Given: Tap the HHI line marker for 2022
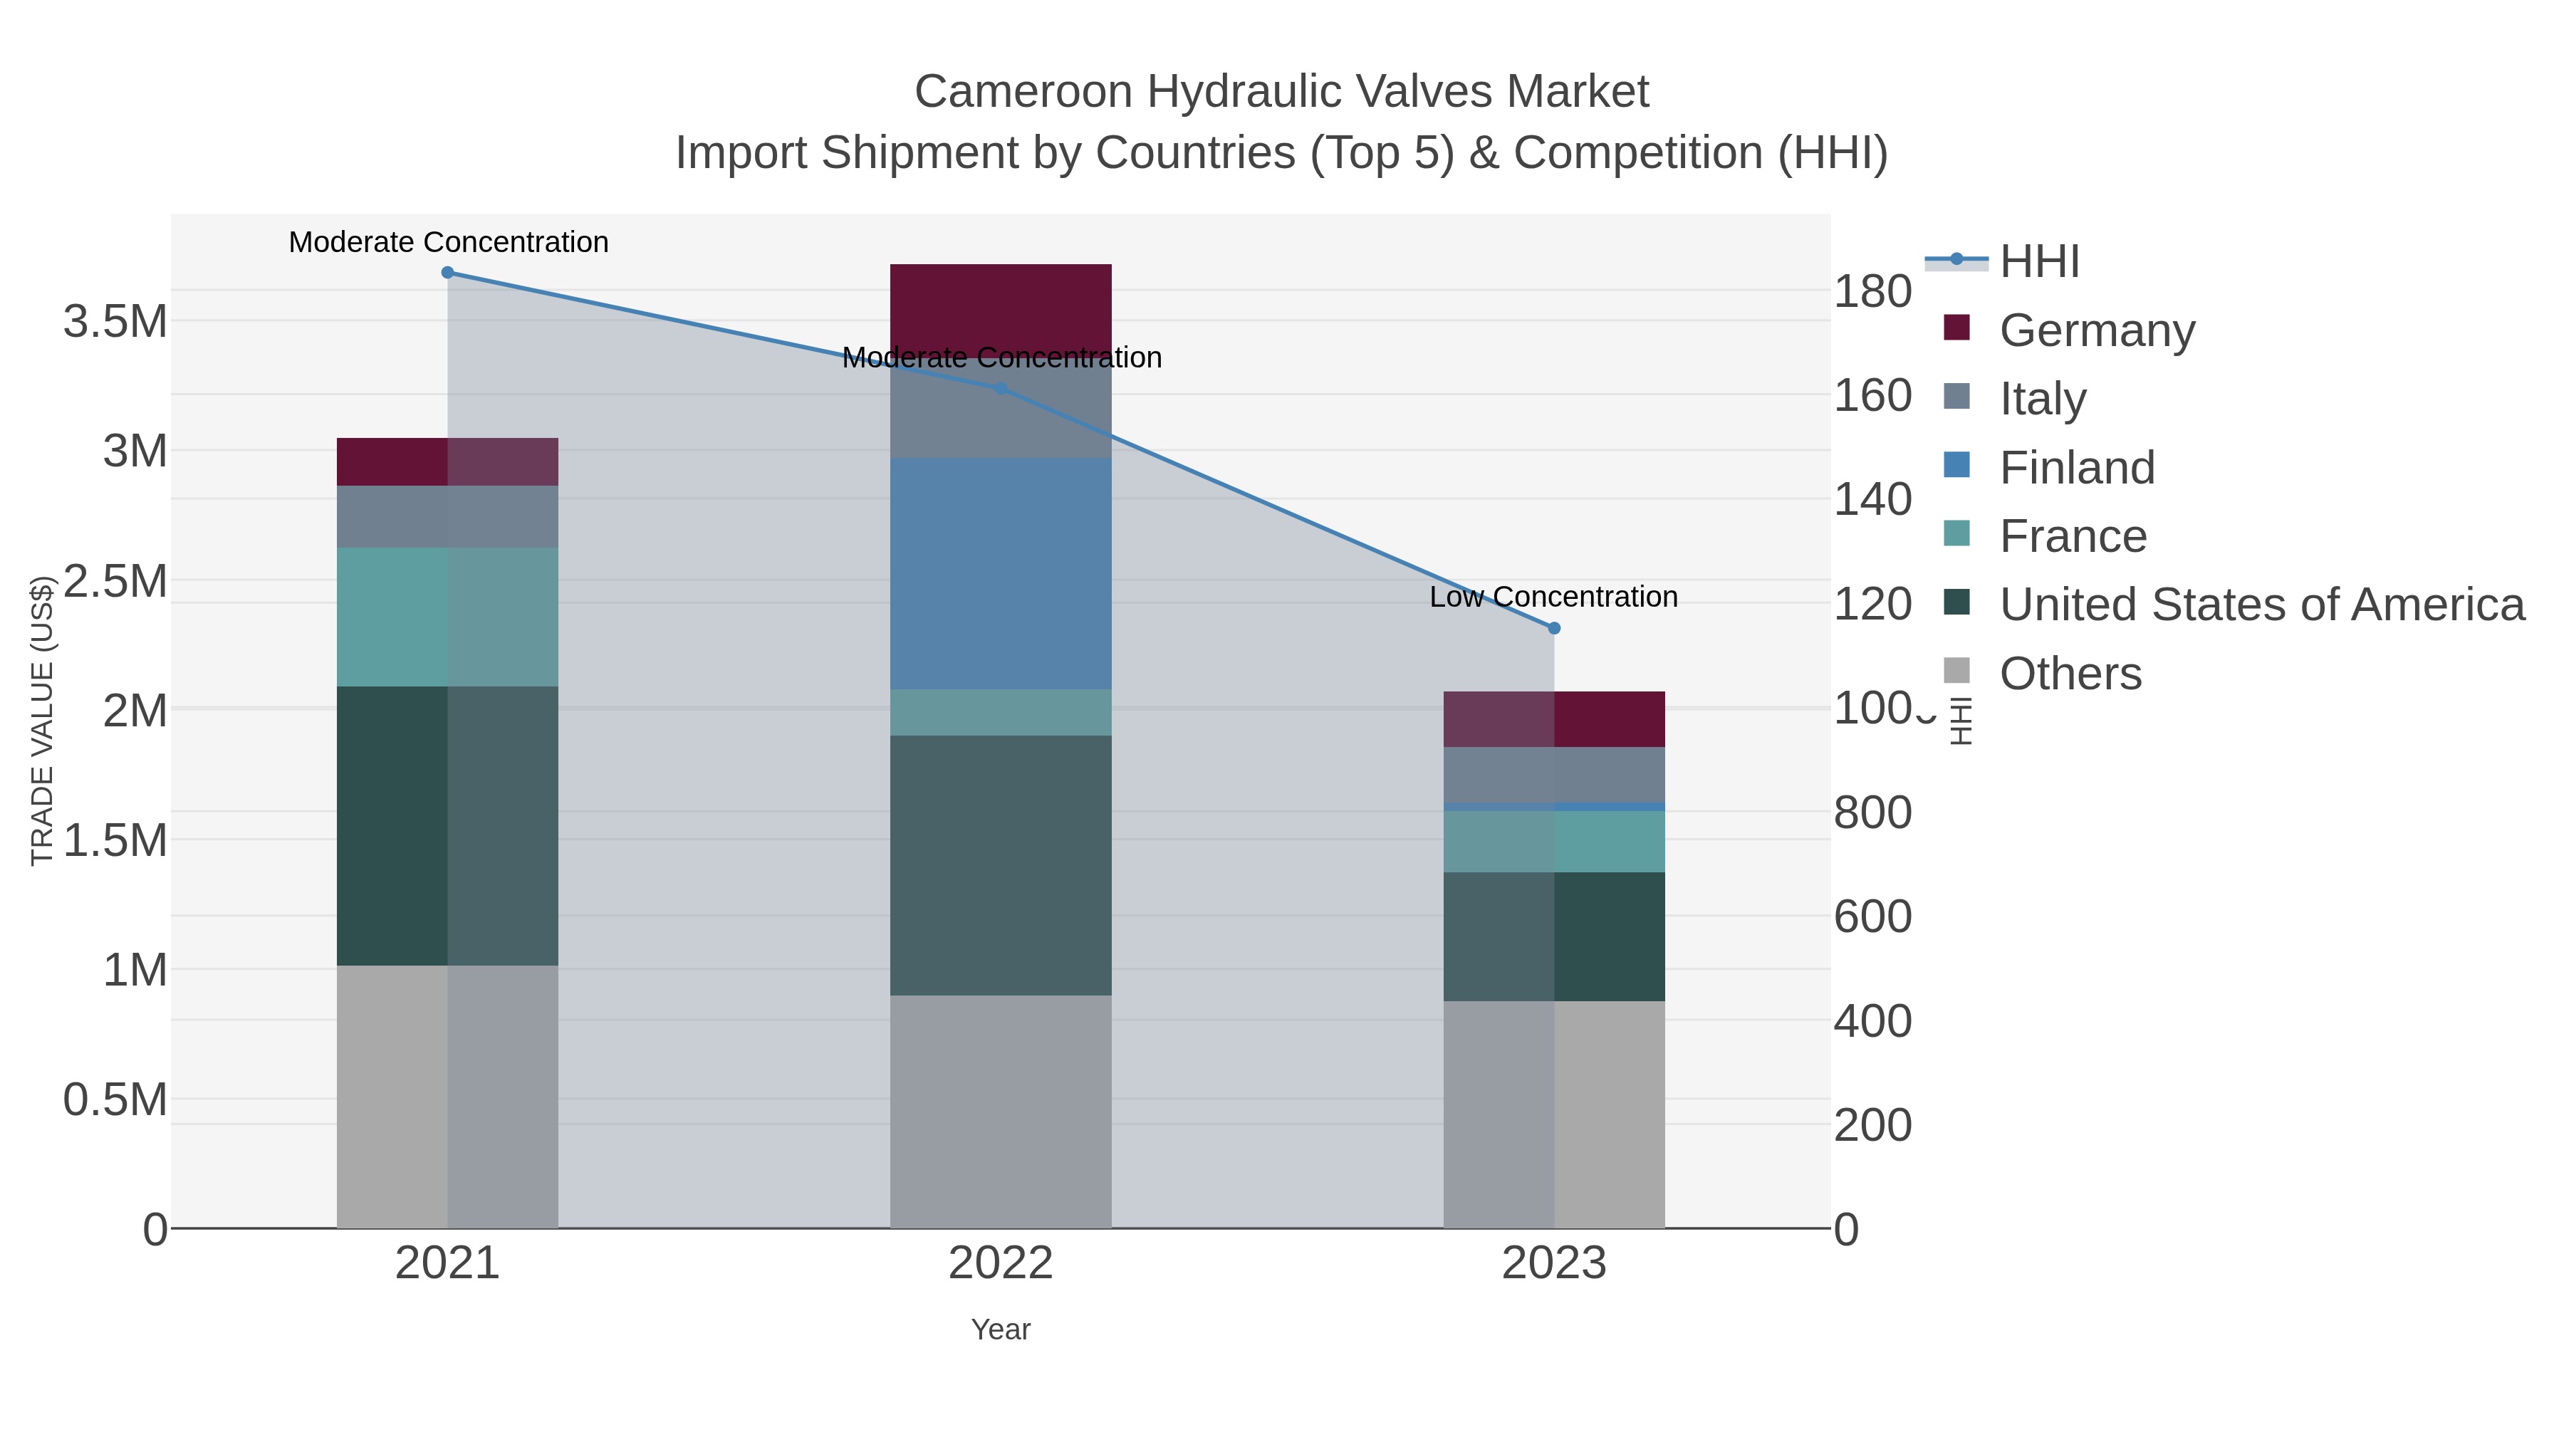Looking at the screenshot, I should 1001,388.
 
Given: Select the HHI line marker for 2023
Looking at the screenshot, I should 1555,628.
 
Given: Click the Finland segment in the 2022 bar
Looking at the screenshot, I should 1001,573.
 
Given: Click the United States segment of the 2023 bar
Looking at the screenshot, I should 1554,936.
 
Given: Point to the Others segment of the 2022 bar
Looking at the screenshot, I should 1001,1111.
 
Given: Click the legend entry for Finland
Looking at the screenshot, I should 2076,468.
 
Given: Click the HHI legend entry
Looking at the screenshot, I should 2038,262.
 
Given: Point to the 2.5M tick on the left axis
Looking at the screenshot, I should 115,581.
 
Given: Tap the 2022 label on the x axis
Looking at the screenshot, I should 1001,1264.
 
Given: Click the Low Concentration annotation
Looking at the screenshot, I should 1554,597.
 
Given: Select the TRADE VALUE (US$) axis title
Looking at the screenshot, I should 42,721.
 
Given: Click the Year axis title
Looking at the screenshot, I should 1001,1329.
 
